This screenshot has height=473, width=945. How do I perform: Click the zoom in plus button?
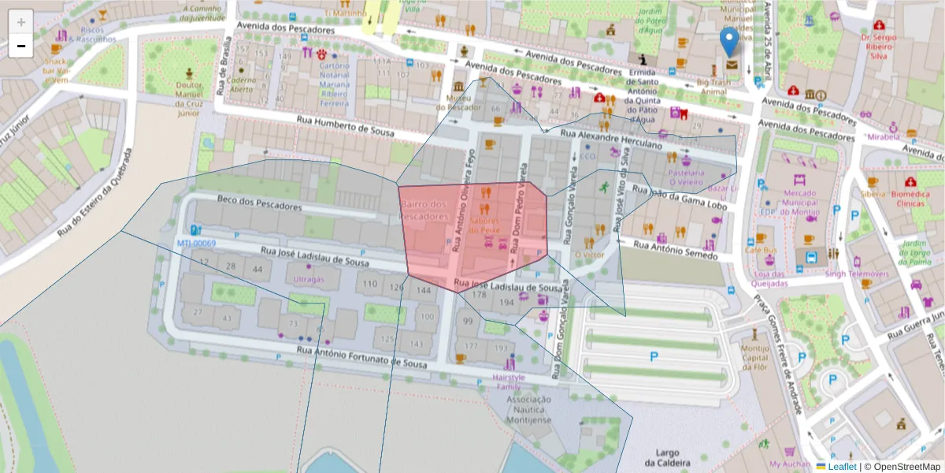pos(21,22)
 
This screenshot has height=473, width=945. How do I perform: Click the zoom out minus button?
pos(21,46)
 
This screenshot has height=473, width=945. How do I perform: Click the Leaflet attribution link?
pos(842,467)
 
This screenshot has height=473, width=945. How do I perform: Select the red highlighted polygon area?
pos(472,236)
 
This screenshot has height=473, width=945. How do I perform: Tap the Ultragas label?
pos(309,280)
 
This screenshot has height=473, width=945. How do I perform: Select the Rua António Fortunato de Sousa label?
pos(362,356)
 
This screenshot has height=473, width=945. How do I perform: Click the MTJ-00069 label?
pos(197,243)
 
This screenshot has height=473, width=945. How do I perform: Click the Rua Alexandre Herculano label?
pos(611,140)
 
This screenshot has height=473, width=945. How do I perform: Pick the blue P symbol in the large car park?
pos(654,356)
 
